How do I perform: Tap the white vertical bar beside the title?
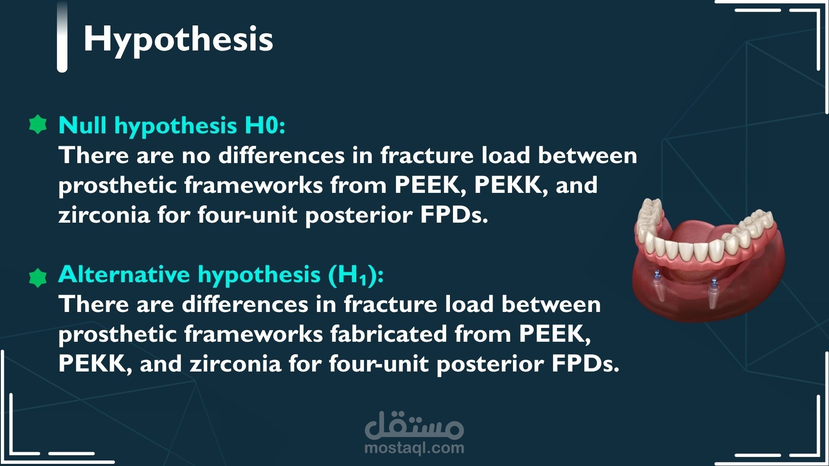click(x=62, y=36)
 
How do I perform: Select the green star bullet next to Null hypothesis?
click(x=38, y=125)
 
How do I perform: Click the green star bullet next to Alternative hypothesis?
click(x=38, y=278)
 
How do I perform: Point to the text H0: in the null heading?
click(x=265, y=126)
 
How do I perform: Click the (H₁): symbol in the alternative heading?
click(x=356, y=275)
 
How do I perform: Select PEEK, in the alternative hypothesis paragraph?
click(x=555, y=334)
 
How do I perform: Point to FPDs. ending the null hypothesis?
click(x=454, y=215)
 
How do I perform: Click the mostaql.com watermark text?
click(x=414, y=447)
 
